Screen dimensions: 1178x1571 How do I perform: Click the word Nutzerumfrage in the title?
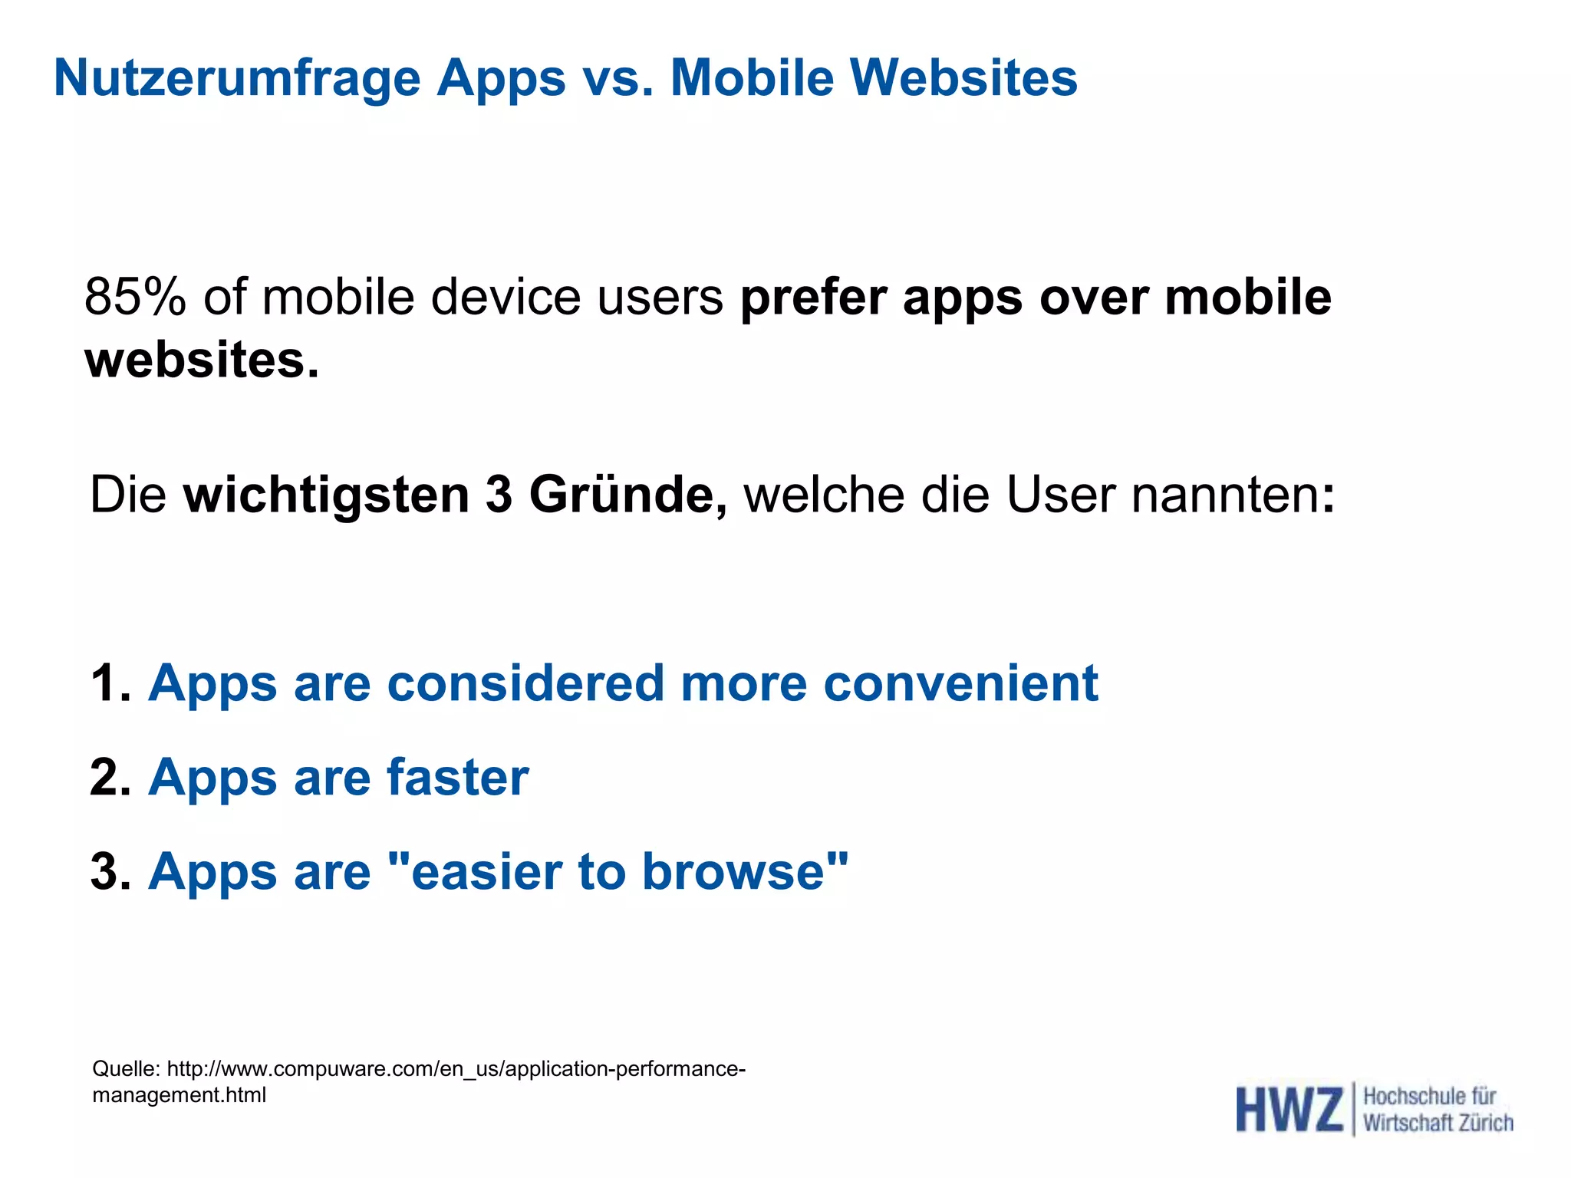[237, 79]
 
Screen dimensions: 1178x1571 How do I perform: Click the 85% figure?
[135, 297]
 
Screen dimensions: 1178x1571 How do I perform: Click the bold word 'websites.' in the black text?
[201, 360]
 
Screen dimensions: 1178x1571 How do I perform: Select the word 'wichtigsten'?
[326, 495]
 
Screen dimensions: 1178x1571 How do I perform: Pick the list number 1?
[108, 683]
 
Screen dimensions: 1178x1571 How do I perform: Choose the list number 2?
[108, 777]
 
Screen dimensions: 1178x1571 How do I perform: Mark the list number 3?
[108, 872]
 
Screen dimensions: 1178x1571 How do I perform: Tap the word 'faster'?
[457, 777]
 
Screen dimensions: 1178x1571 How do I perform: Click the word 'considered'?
[525, 683]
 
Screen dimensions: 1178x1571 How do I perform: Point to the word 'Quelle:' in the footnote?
[126, 1068]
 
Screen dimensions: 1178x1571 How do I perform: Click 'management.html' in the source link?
[179, 1095]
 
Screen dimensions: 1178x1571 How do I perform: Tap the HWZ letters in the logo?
[1289, 1110]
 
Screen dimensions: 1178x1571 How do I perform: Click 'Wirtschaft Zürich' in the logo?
[1438, 1124]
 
